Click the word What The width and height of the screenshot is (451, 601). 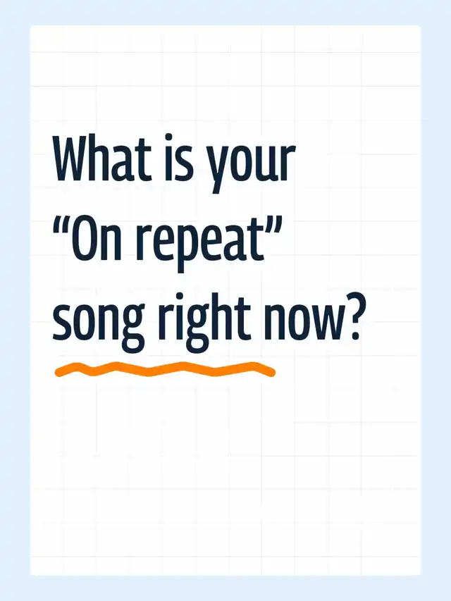[x=101, y=158]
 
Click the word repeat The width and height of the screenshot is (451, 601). [x=200, y=244]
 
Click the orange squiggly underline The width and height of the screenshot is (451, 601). [x=165, y=369]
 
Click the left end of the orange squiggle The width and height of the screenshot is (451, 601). [x=58, y=372]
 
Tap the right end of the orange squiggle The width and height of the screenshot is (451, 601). [x=272, y=372]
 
